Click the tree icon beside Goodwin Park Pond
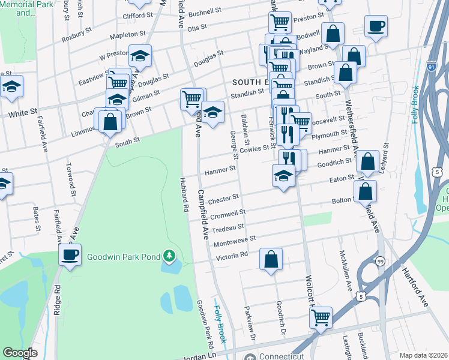pyautogui.click(x=170, y=257)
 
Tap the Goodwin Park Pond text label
pyautogui.click(x=123, y=257)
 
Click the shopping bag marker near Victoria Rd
pyautogui.click(x=271, y=259)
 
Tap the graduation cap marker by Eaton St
pyautogui.click(x=283, y=175)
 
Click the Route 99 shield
pyautogui.click(x=380, y=261)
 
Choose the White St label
pyautogui.click(x=22, y=112)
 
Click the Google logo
pyautogui.click(x=19, y=353)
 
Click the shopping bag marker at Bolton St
pyautogui.click(x=365, y=192)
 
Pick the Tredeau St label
pyautogui.click(x=228, y=227)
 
